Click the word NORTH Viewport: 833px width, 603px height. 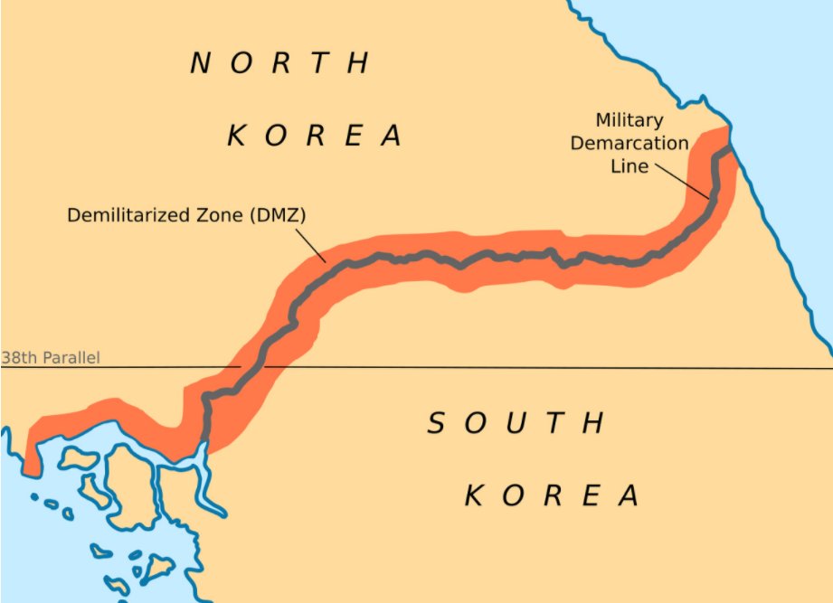tap(280, 62)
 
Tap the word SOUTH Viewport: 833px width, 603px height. tap(516, 422)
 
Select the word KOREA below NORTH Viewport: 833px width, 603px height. tap(314, 136)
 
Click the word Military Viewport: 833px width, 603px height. tap(629, 120)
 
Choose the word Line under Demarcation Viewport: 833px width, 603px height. tap(630, 165)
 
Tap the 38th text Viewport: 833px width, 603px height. tap(18, 358)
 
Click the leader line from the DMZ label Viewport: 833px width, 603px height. tap(311, 244)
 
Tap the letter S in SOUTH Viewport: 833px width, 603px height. tap(437, 422)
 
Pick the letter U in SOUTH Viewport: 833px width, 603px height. tap(516, 422)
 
